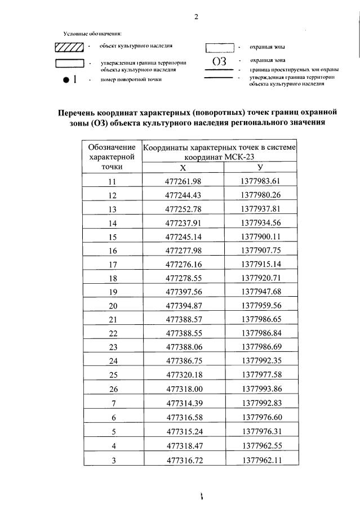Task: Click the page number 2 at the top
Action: (x=196, y=16)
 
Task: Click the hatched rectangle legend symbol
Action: (x=69, y=47)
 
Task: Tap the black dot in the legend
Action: (x=66, y=80)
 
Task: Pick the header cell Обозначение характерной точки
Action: (x=112, y=157)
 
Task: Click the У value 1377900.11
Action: (x=260, y=237)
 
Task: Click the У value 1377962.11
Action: (x=260, y=460)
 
